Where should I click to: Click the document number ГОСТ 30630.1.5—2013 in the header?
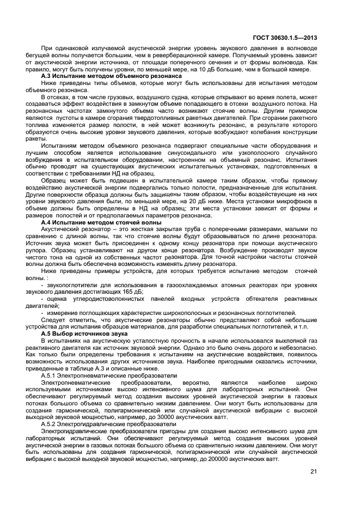285,38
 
